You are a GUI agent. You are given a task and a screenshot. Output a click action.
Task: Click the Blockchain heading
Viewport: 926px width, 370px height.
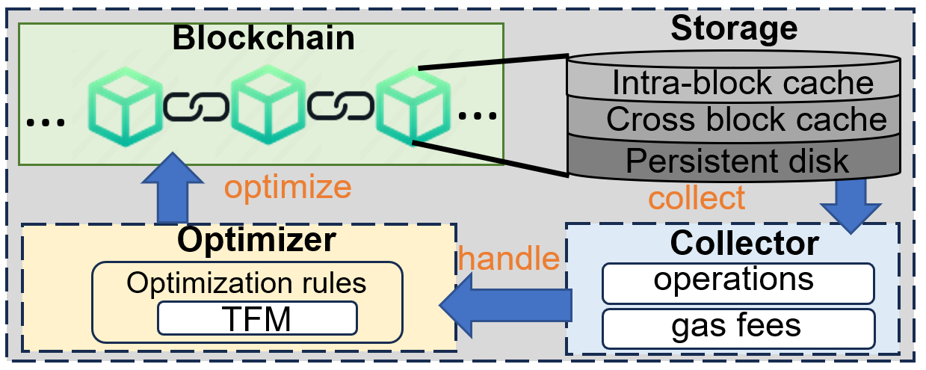[263, 39]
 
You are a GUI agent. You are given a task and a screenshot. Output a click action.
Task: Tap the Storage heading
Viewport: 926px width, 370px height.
[733, 28]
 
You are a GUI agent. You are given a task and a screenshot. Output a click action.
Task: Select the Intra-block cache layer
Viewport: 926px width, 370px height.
[742, 82]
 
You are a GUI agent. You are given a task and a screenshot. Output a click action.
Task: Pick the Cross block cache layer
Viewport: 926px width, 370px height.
[746, 120]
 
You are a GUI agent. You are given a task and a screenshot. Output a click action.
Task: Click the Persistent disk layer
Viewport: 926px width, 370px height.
[738, 160]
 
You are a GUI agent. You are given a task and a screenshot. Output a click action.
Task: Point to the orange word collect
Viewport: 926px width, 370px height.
[697, 198]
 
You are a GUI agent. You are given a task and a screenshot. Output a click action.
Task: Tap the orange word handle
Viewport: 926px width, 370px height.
[509, 259]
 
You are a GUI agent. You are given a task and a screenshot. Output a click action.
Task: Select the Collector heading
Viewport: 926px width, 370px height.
[744, 243]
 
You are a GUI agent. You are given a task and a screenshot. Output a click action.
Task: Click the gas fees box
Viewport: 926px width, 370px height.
[736, 327]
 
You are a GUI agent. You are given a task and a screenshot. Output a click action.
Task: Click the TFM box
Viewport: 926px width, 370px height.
[257, 319]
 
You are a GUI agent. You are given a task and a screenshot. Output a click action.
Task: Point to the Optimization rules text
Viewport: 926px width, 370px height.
[246, 283]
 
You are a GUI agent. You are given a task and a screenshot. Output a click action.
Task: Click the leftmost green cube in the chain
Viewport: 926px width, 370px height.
[121, 108]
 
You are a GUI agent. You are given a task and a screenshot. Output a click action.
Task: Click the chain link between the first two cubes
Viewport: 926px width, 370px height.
[195, 108]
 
